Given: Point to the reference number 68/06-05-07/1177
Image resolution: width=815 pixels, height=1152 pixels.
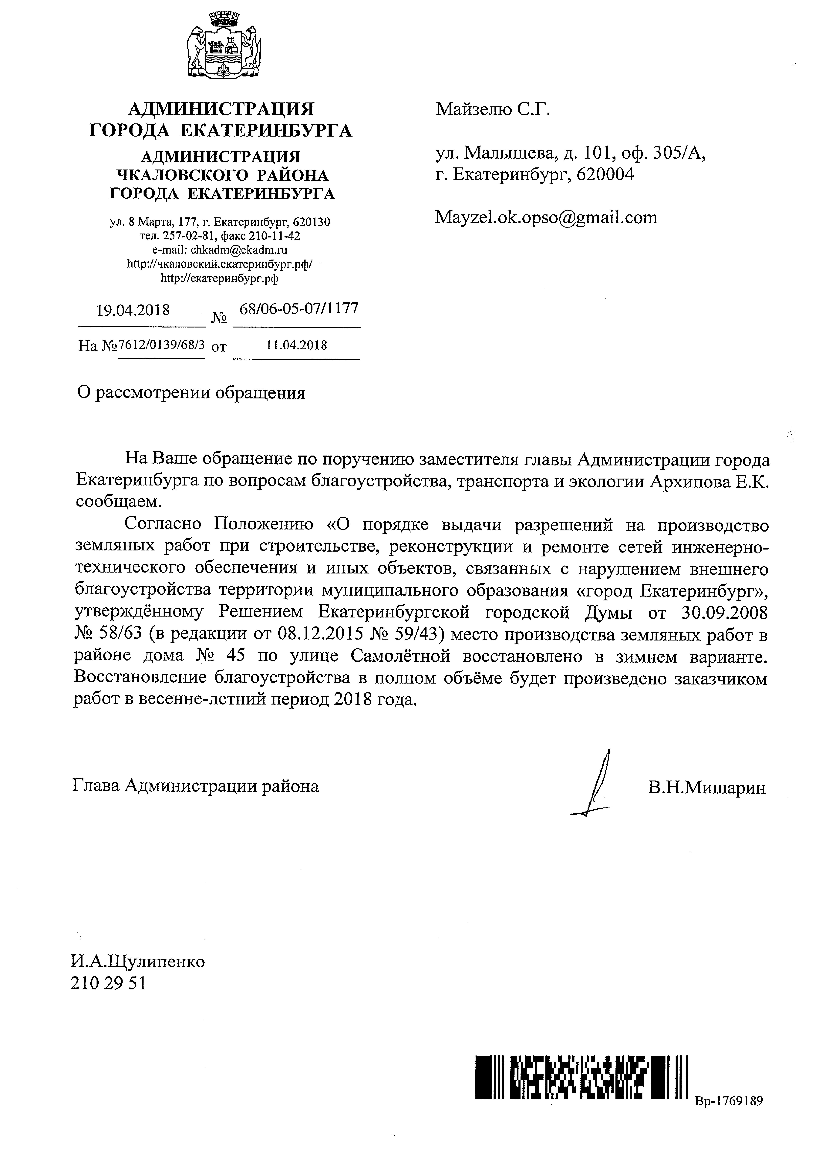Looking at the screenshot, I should pyautogui.click(x=299, y=308).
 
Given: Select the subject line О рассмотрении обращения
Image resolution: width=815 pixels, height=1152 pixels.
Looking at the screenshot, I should pyautogui.click(x=191, y=392).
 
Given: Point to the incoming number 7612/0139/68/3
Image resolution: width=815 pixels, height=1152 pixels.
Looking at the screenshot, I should pyautogui.click(x=161, y=345).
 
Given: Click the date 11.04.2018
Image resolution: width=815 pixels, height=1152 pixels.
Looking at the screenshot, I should pyautogui.click(x=297, y=345).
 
